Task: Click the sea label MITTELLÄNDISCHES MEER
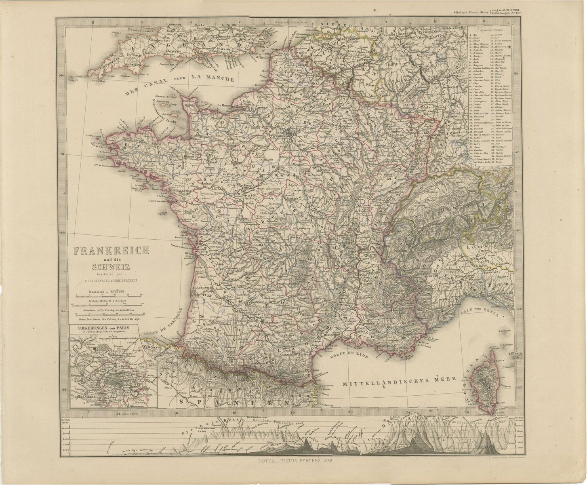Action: click(398, 380)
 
